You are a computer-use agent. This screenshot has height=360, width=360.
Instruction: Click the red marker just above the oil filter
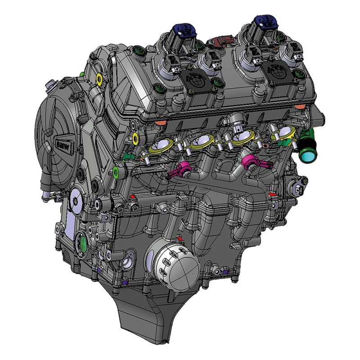coord(179,238)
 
